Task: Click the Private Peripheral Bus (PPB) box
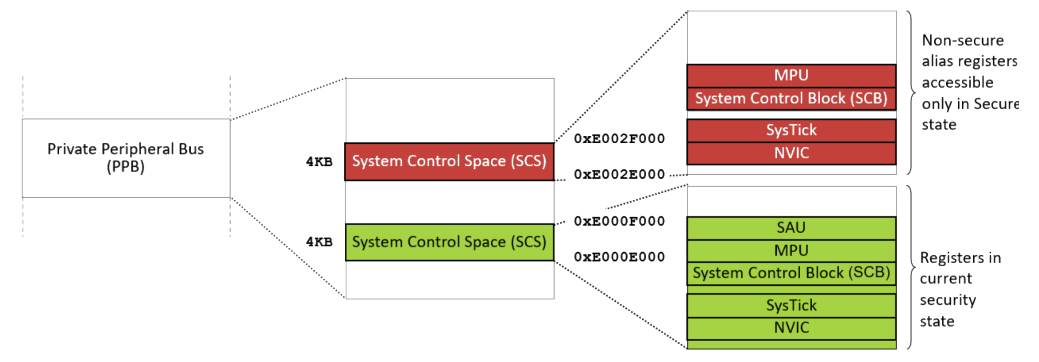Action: point(126,157)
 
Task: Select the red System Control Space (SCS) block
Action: point(449,161)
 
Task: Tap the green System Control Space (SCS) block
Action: point(449,242)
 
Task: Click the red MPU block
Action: point(791,75)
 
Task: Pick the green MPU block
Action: point(791,250)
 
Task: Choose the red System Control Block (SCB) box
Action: point(791,98)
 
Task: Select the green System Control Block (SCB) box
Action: point(791,273)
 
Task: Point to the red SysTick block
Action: point(791,131)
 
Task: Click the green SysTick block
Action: point(791,306)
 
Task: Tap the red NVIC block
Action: point(791,153)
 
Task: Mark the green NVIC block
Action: point(791,328)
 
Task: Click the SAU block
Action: point(791,228)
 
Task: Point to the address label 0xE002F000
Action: point(619,138)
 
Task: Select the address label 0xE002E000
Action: point(619,174)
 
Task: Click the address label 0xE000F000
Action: point(619,221)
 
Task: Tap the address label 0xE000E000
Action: point(619,257)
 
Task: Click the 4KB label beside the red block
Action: point(319,162)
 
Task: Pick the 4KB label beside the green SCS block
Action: point(319,242)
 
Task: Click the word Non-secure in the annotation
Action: point(963,41)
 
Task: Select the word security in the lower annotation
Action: point(948,300)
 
